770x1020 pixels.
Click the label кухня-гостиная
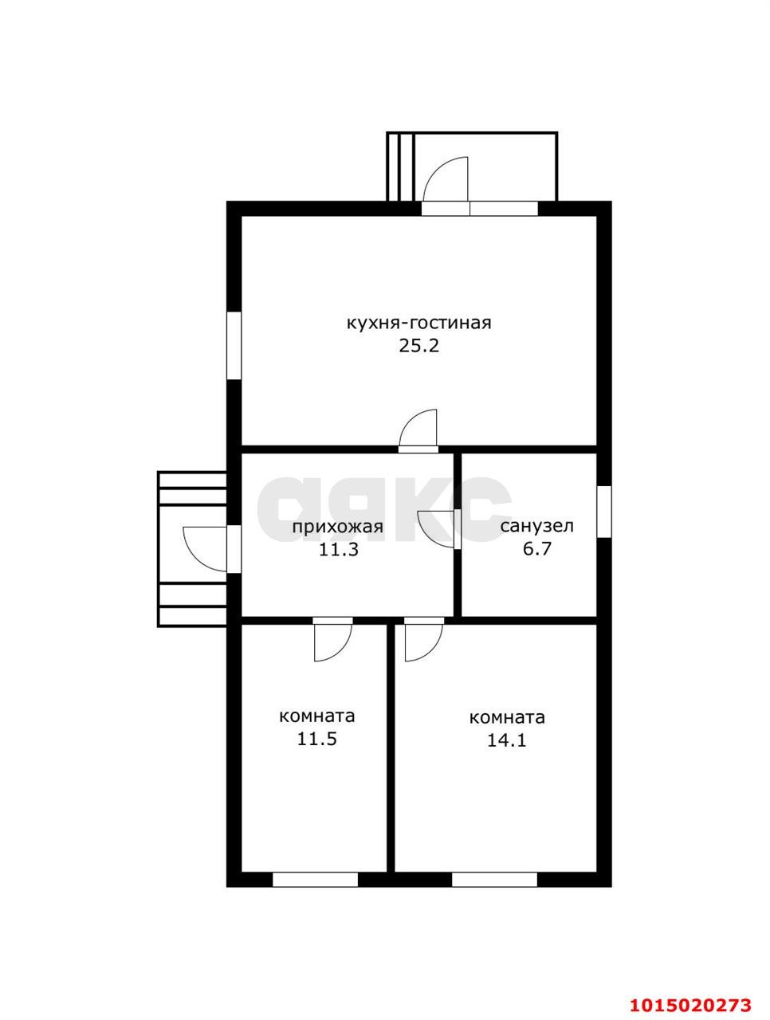(418, 323)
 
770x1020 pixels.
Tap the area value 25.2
(418, 346)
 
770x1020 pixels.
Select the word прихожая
(337, 527)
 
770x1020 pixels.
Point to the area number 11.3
(338, 550)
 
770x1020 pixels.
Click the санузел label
(536, 526)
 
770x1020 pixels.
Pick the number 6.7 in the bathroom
(537, 549)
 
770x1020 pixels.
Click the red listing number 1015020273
(690, 988)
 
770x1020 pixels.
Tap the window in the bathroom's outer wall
(603, 512)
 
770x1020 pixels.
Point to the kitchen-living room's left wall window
(234, 345)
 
